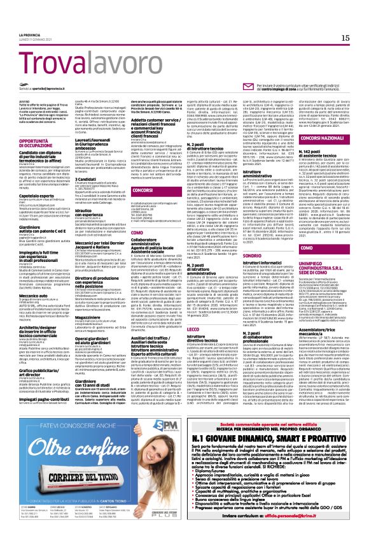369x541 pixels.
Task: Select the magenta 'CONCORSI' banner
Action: click(x=135, y=190)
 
